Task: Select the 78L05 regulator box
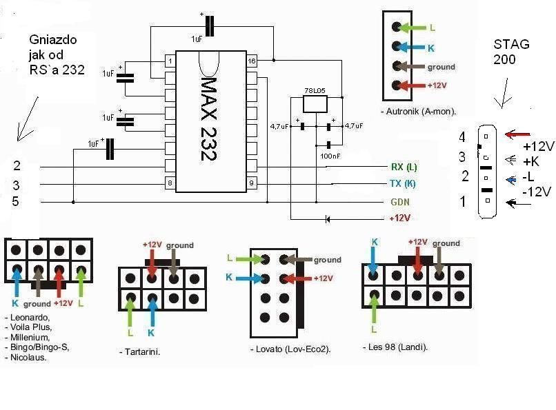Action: click(x=316, y=103)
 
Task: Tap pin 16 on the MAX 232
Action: click(x=252, y=61)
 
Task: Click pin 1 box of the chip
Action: click(x=170, y=61)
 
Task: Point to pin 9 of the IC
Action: click(x=252, y=183)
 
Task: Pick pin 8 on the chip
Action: click(x=170, y=183)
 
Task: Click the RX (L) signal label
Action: click(x=404, y=167)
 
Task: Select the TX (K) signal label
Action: click(x=404, y=184)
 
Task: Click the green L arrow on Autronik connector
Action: click(x=415, y=28)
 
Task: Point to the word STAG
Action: click(x=512, y=45)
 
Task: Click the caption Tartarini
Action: click(x=145, y=351)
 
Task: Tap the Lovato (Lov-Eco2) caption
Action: click(x=290, y=350)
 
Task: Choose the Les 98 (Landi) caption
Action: click(x=395, y=347)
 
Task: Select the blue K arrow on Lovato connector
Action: click(x=246, y=278)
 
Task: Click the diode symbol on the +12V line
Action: click(x=327, y=218)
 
